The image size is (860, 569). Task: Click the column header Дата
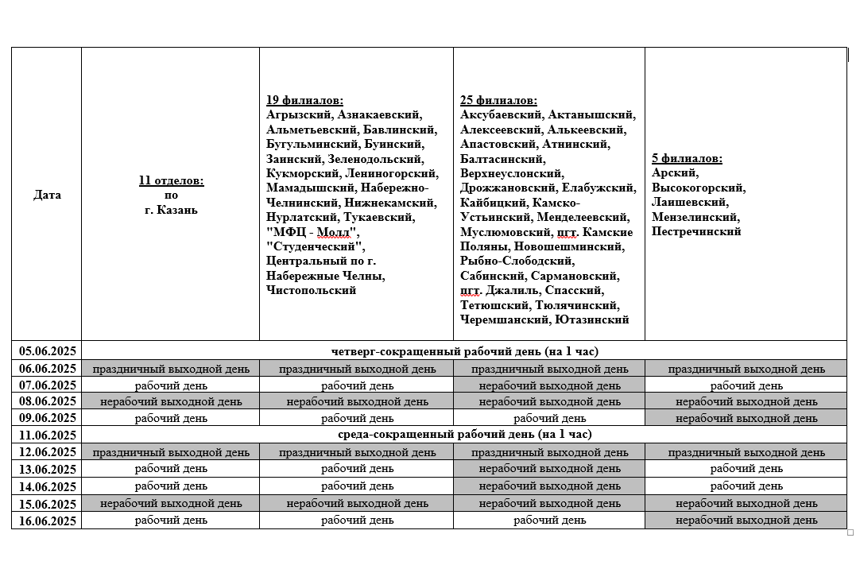click(47, 195)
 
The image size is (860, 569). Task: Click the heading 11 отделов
click(171, 180)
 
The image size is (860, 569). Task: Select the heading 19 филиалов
click(304, 100)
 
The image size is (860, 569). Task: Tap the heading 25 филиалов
click(498, 100)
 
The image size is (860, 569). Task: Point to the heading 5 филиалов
click(687, 158)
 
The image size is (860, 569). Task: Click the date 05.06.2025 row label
click(47, 351)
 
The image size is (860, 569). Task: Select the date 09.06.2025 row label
click(47, 418)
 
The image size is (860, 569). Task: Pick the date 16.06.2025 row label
click(47, 521)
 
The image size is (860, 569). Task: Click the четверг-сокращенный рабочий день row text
click(464, 351)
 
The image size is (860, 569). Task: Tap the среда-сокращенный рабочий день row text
click(464, 435)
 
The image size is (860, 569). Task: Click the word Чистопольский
click(312, 290)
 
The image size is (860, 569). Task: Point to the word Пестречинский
click(696, 231)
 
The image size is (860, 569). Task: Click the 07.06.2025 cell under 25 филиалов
click(549, 385)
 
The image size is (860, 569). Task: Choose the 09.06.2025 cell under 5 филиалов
click(746, 418)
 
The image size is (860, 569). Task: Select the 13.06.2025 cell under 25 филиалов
click(549, 469)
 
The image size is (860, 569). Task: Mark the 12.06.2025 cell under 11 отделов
click(171, 452)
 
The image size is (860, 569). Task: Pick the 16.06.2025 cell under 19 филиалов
click(357, 521)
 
